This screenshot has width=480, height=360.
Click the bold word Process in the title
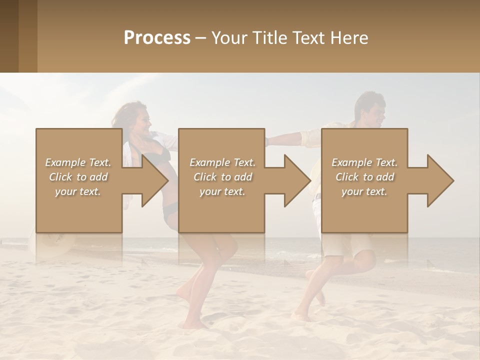point(157,38)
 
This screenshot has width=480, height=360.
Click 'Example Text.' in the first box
point(78,162)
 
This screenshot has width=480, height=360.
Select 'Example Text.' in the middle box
point(222,162)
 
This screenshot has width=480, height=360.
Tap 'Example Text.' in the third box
point(364,162)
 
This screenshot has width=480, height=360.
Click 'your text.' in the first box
point(78,191)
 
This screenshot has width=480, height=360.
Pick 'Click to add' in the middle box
point(222,177)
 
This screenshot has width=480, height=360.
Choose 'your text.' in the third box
point(364,191)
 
